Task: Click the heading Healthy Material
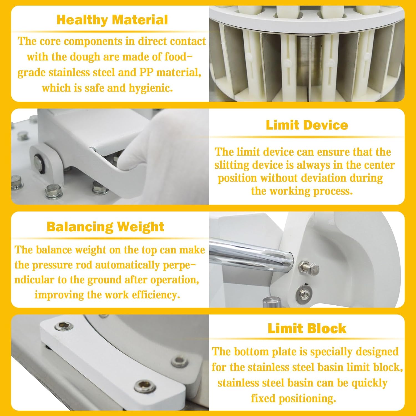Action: coord(112,20)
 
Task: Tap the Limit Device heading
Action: coord(307,125)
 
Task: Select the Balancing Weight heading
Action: coord(105,227)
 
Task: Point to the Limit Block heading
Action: coord(307,328)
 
